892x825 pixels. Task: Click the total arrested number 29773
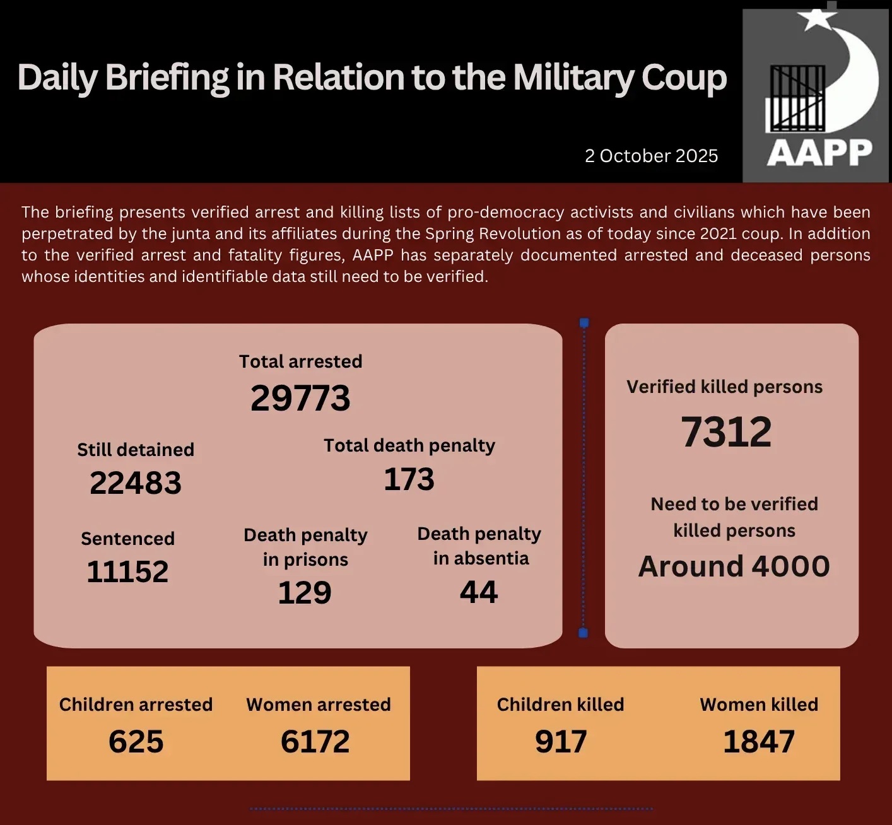[x=300, y=398]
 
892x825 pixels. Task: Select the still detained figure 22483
[x=136, y=483]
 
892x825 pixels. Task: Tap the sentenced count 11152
[x=127, y=572]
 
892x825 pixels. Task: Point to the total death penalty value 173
[x=409, y=479]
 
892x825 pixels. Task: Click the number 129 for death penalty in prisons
[x=305, y=593]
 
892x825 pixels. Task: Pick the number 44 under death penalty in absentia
[x=479, y=592]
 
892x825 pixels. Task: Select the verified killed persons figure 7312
[x=726, y=433]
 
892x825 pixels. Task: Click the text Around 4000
[x=734, y=566]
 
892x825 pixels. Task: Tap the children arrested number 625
[x=136, y=742]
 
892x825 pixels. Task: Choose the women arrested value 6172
[x=315, y=742]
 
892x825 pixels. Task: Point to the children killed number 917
[x=561, y=742]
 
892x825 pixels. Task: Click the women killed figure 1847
[x=759, y=742]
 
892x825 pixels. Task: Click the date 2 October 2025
[x=651, y=156]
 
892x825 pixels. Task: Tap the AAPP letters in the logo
[x=819, y=153]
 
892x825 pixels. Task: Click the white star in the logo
[x=818, y=20]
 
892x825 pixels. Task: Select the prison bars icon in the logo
[x=795, y=98]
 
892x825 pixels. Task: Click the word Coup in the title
[x=684, y=78]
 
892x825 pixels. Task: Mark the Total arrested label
[x=300, y=361]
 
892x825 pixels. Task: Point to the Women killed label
[x=759, y=705]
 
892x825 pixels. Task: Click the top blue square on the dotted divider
[x=584, y=323]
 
